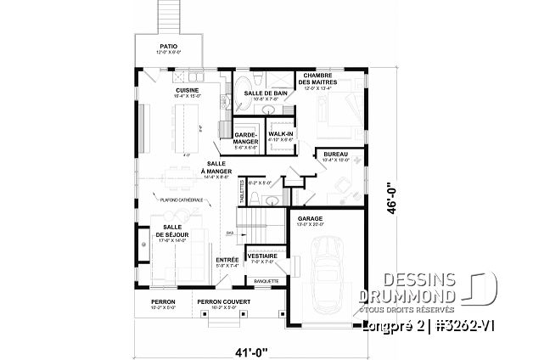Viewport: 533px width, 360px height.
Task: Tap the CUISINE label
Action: click(x=188, y=90)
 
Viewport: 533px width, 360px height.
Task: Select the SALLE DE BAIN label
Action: click(x=265, y=93)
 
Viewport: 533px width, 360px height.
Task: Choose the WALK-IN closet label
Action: click(x=281, y=134)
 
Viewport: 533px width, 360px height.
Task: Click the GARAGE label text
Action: click(x=308, y=217)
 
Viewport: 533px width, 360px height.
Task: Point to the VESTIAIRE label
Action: click(x=259, y=256)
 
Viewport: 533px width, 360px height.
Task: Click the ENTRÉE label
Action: click(x=227, y=260)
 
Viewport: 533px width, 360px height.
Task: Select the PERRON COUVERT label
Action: click(x=219, y=301)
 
